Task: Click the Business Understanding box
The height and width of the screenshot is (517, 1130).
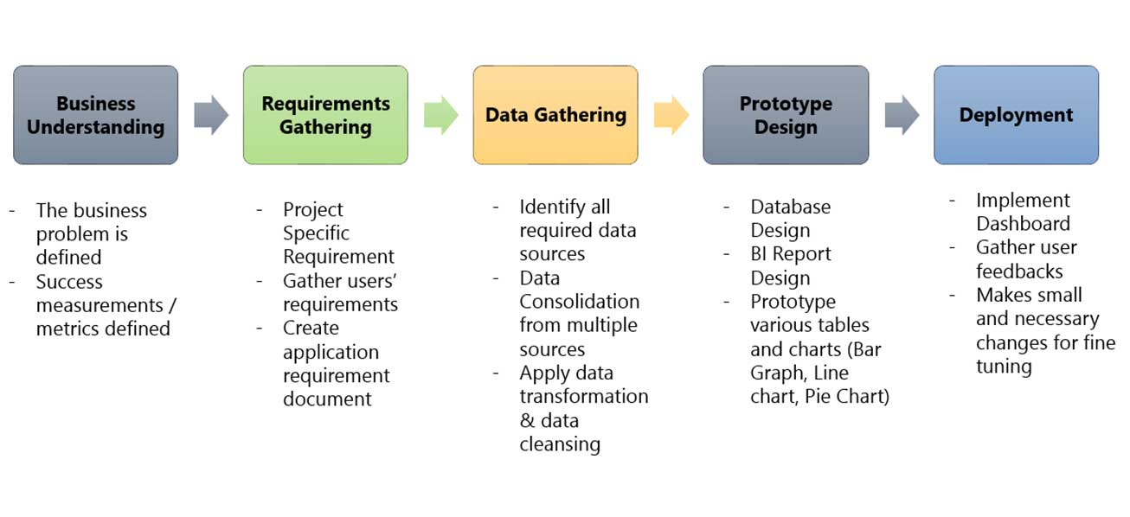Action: click(x=96, y=115)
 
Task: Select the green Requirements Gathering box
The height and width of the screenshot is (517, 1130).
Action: click(x=326, y=115)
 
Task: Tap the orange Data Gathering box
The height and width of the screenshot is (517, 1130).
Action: click(x=555, y=115)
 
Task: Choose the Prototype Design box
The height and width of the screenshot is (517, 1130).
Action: click(x=786, y=115)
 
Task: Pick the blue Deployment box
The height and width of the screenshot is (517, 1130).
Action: click(x=1017, y=115)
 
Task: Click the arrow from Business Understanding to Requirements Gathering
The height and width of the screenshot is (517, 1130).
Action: click(x=211, y=115)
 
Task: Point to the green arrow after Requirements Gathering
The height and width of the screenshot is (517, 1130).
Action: click(x=441, y=115)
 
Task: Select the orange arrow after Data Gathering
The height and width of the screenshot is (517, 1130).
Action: click(x=671, y=115)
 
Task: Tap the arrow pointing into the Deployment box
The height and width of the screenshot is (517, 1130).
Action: click(x=902, y=115)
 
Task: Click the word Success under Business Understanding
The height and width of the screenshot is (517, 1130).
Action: click(x=69, y=282)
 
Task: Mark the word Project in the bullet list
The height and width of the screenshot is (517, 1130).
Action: click(x=312, y=210)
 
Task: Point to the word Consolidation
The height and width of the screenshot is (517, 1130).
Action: click(x=580, y=302)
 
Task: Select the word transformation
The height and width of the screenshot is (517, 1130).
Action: click(x=584, y=397)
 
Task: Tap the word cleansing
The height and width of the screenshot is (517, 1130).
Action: click(x=560, y=444)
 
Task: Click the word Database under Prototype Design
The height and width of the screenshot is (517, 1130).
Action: click(x=791, y=207)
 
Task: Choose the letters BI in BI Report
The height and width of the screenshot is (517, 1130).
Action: click(x=758, y=254)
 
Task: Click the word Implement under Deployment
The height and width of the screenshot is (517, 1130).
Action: click(x=1023, y=201)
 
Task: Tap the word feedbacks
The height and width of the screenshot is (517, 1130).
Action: click(x=1019, y=271)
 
